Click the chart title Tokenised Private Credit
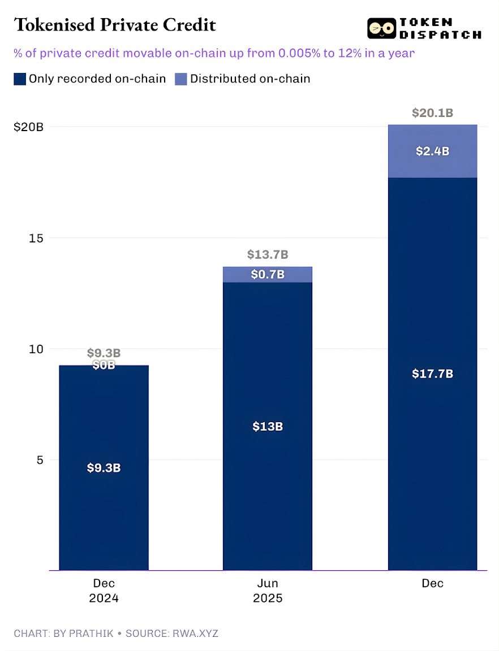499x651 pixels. pos(114,25)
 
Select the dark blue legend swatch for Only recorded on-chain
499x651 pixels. pos(20,79)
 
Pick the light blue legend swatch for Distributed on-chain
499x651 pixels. pos(180,79)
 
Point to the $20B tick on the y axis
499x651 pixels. pos(29,127)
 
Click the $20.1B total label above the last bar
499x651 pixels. pos(432,113)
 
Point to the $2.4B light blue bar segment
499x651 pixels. pos(432,151)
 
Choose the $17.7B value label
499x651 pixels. pos(432,374)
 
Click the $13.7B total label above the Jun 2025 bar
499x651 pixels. pos(268,255)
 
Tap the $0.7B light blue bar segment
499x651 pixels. pos(268,275)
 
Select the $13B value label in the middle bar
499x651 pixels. pos(268,427)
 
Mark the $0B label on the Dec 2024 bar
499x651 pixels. pos(104,365)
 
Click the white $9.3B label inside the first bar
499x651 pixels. pos(104,468)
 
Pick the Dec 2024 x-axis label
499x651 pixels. pos(104,591)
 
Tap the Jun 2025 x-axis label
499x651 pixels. pos(268,591)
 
